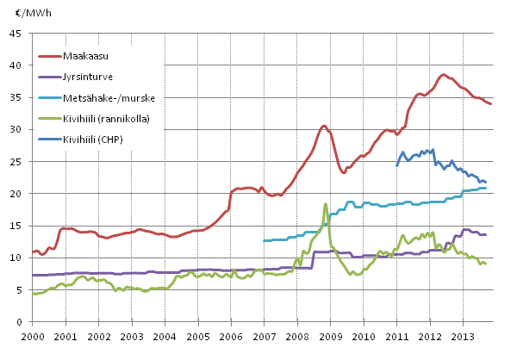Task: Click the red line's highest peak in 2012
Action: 444,75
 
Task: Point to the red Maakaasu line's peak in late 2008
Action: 324,126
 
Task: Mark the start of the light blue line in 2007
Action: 264,240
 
